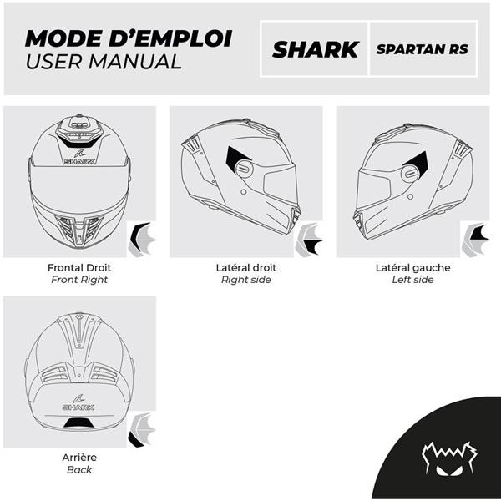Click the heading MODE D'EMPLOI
(128, 39)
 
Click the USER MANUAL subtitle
(103, 62)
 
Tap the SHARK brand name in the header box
(315, 49)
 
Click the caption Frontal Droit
(80, 268)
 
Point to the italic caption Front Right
(80, 280)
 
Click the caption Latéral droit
(245, 268)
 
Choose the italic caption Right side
(245, 280)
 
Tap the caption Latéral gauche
(412, 268)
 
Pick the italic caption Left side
(412, 280)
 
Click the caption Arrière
(79, 458)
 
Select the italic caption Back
(79, 470)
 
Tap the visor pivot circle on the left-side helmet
(409, 174)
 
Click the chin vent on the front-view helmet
(79, 225)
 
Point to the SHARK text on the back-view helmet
(79, 407)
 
